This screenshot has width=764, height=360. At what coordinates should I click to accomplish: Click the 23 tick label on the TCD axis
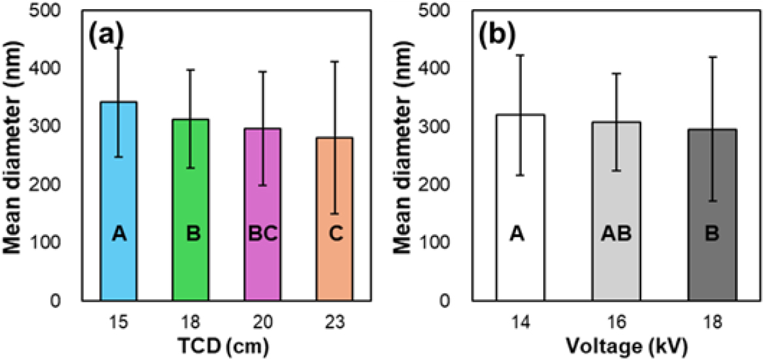click(x=334, y=322)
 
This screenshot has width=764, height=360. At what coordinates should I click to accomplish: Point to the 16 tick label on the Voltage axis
click(x=616, y=322)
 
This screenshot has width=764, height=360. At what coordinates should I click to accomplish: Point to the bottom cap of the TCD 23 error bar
click(x=334, y=214)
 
